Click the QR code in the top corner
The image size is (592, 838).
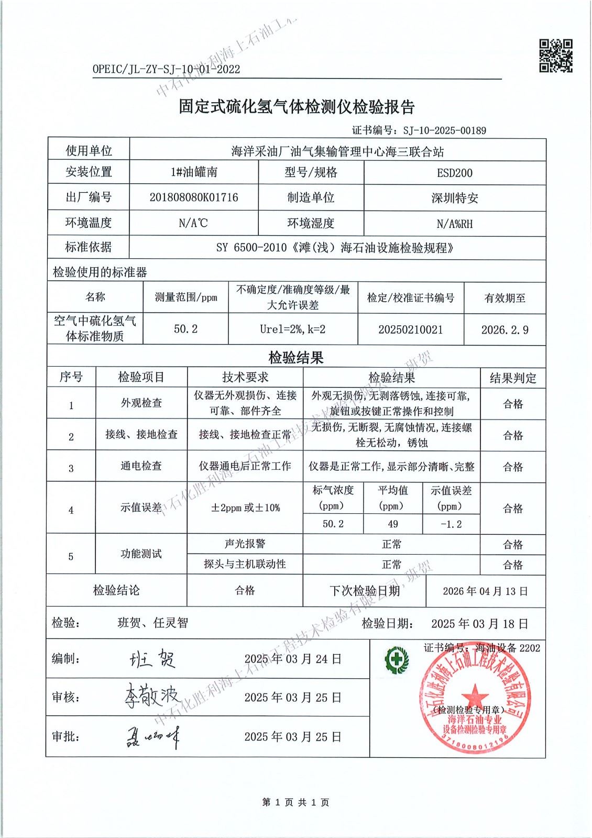point(556,56)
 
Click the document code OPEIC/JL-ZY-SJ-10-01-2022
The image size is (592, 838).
point(166,69)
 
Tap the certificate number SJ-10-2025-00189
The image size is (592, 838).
point(444,130)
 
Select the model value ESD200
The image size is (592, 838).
point(455,173)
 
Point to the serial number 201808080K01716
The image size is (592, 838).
point(194,197)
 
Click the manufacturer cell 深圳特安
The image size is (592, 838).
point(455,198)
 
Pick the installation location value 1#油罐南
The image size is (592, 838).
point(194,172)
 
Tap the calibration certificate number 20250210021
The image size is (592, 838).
point(410,329)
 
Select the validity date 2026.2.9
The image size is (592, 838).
point(505,330)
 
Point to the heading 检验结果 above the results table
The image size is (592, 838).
point(296,358)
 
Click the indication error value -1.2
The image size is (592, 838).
point(451,524)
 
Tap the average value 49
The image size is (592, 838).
point(392,524)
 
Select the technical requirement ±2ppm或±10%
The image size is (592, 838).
point(245,508)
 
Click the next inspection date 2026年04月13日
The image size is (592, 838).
point(485,591)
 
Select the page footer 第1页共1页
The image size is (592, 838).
point(295,802)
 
